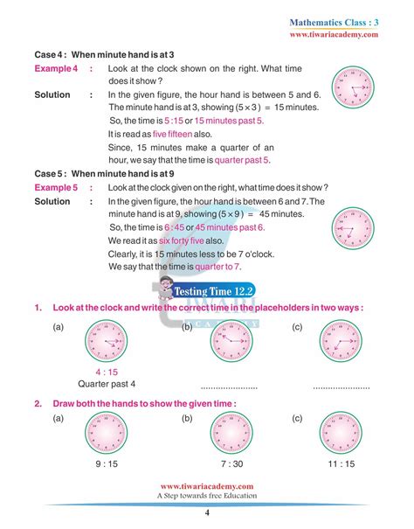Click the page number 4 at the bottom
pyautogui.click(x=207, y=512)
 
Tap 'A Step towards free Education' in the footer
pyautogui.click(x=207, y=496)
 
